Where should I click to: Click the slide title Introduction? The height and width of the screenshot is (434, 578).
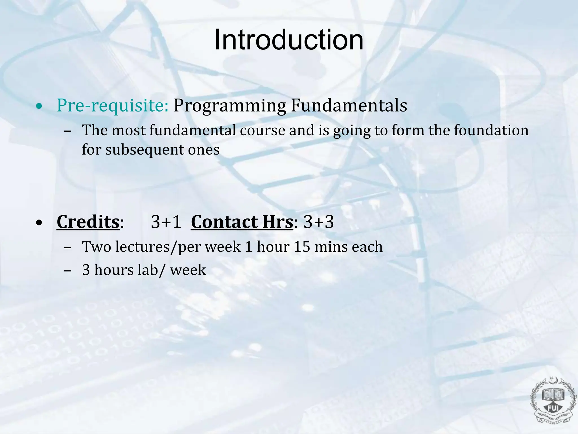pyautogui.click(x=289, y=40)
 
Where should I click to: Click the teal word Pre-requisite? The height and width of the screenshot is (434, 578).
pyautogui.click(x=113, y=106)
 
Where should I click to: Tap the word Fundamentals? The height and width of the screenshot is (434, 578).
pyautogui.click(x=349, y=106)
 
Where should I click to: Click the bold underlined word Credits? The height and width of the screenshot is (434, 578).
pyautogui.click(x=88, y=222)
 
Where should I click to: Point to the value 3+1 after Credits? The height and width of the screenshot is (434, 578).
pyautogui.click(x=166, y=222)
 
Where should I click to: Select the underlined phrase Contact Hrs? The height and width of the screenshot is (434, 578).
pyautogui.click(x=242, y=222)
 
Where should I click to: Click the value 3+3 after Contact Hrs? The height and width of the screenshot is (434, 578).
pyautogui.click(x=319, y=222)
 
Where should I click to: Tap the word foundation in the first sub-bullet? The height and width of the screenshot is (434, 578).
pyautogui.click(x=491, y=131)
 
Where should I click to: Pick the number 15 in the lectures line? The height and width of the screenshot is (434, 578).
pyautogui.click(x=302, y=247)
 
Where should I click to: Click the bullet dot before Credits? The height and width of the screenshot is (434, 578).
pyautogui.click(x=40, y=223)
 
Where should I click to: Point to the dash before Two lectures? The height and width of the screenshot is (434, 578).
pyautogui.click(x=67, y=248)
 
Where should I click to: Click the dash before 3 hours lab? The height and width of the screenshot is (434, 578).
pyautogui.click(x=67, y=270)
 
